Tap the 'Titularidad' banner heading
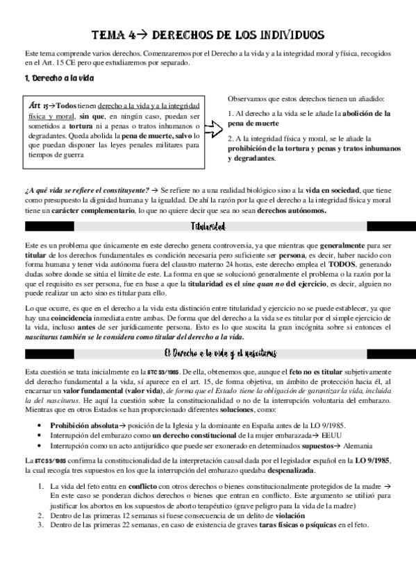click(x=208, y=227)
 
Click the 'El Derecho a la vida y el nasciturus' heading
click(x=208, y=354)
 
